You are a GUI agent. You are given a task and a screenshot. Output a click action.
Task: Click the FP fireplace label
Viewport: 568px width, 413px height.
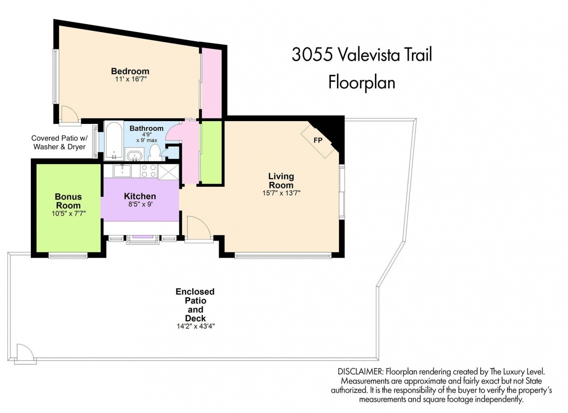(318, 140)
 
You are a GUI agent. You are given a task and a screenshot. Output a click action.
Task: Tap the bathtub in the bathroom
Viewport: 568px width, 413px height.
(114, 141)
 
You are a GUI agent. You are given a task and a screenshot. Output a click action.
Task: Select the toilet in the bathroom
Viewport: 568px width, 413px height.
(154, 152)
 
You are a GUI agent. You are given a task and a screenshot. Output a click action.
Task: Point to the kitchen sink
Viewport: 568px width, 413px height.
(122, 170)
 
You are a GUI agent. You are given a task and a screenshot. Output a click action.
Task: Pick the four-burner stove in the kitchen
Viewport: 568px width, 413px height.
(149, 170)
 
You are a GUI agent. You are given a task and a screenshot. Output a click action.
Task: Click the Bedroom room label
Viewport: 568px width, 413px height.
(130, 71)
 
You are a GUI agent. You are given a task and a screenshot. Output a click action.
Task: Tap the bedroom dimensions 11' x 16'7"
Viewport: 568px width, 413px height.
(131, 79)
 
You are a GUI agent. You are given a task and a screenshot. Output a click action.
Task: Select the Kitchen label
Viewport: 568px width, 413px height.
(140, 196)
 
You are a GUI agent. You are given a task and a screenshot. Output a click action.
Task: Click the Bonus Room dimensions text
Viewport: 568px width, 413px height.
(69, 213)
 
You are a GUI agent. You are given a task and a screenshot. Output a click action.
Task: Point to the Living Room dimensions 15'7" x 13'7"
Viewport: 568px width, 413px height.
(281, 193)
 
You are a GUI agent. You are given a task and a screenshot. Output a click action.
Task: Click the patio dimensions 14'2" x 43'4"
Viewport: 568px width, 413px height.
(196, 326)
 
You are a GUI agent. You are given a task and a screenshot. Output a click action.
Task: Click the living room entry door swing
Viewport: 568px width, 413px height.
(199, 228)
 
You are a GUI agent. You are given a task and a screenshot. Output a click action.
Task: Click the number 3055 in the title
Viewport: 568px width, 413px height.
(312, 55)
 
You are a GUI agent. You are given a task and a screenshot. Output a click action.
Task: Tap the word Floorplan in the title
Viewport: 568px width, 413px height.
(362, 82)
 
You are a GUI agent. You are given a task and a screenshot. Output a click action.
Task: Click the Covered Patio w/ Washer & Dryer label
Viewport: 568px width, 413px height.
(59, 142)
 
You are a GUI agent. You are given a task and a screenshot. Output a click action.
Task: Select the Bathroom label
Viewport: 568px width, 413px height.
(147, 128)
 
